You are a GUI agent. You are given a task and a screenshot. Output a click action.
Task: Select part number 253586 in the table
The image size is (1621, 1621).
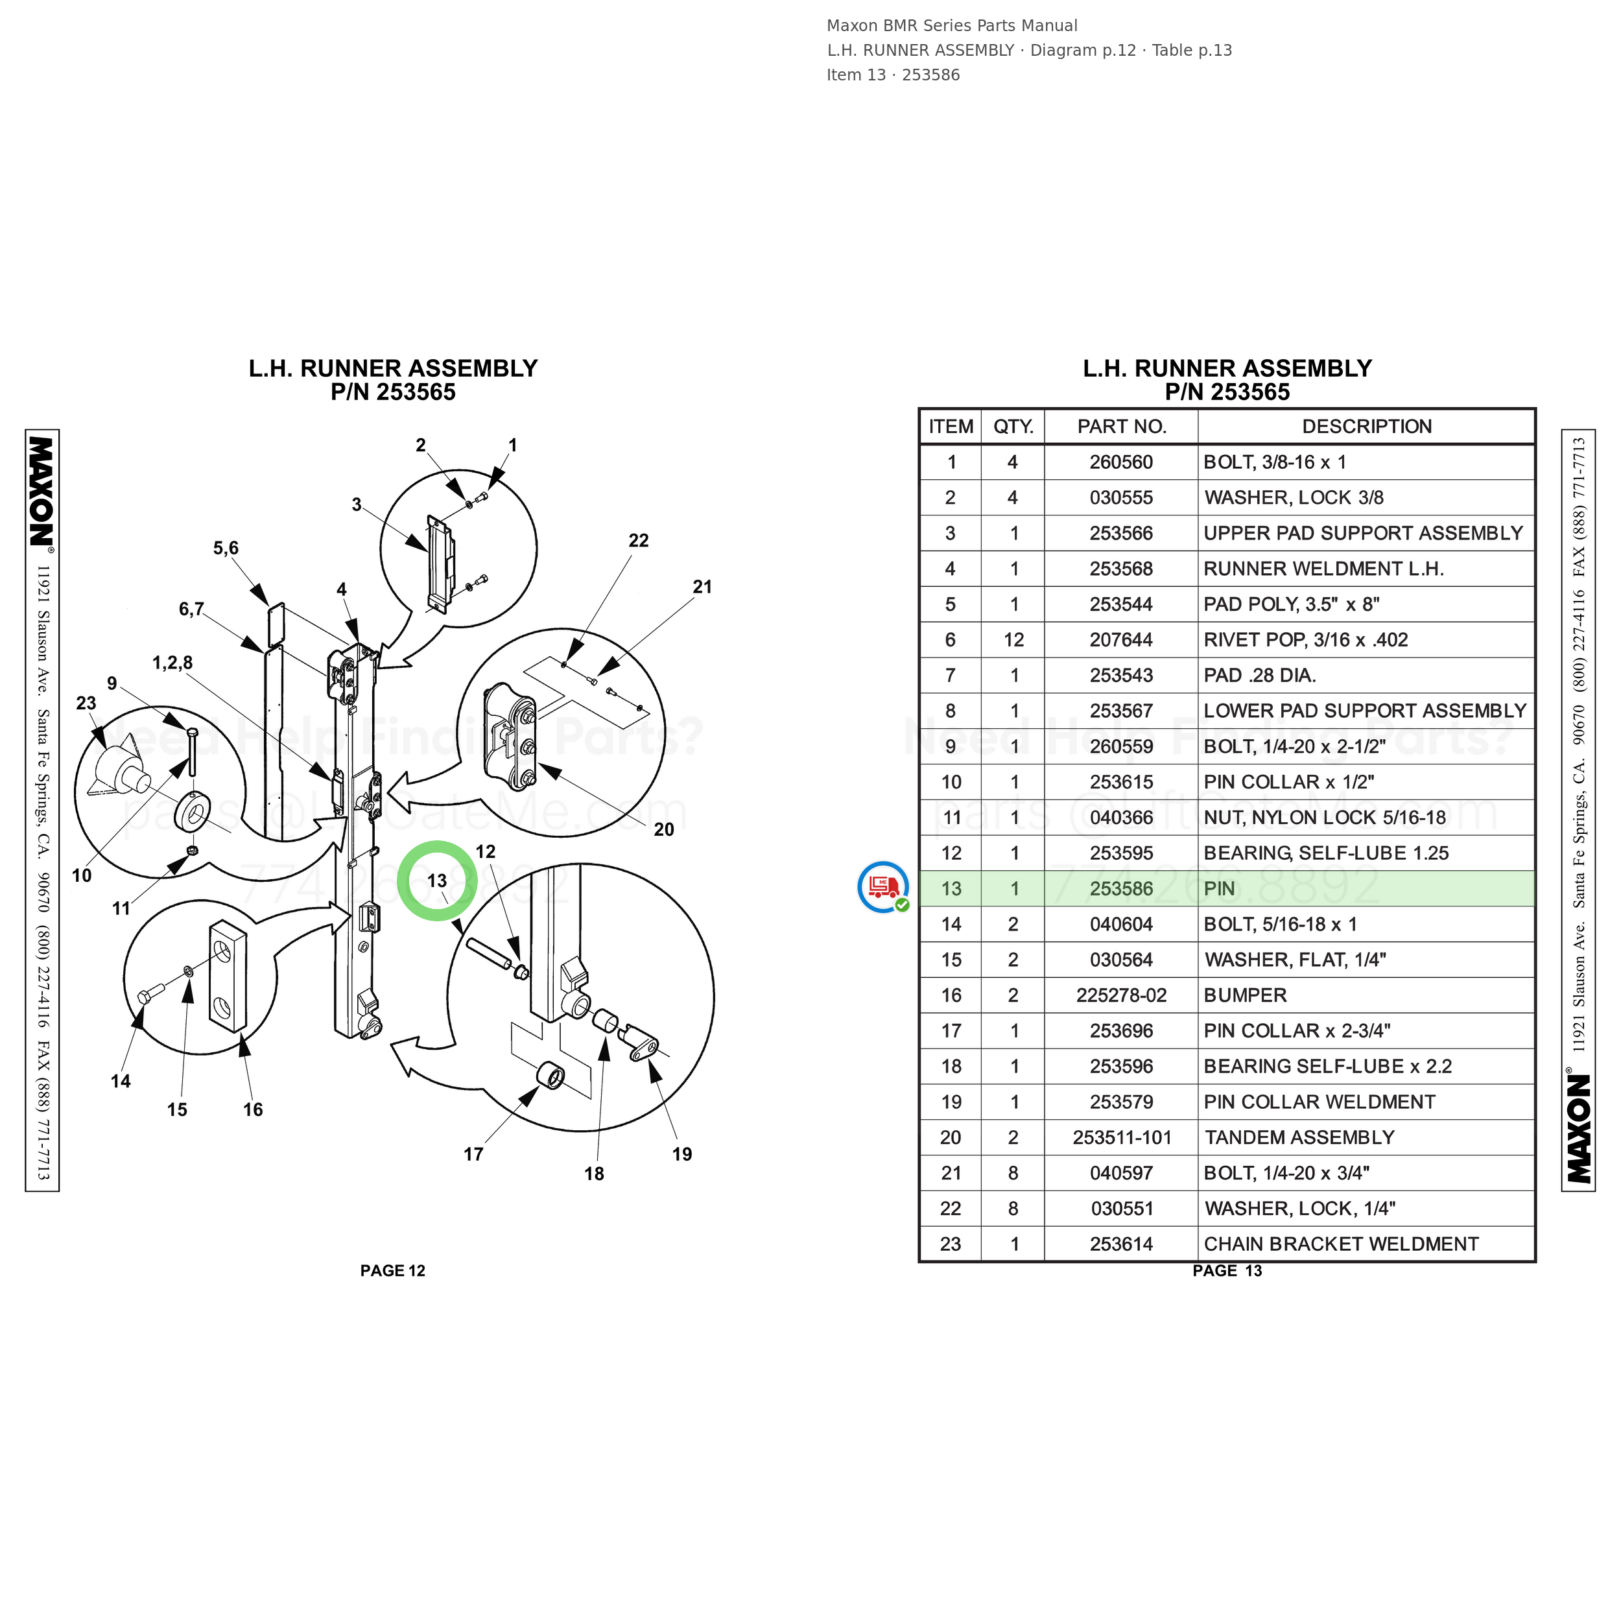pyautogui.click(x=1121, y=888)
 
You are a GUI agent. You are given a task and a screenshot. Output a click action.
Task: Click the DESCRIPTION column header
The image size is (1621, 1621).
pyautogui.click(x=1367, y=426)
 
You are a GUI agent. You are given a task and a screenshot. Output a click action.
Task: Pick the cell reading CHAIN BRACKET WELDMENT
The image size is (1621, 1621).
pyautogui.click(x=1341, y=1244)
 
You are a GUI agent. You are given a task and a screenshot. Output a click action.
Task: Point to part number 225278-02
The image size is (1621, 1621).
pyautogui.click(x=1121, y=995)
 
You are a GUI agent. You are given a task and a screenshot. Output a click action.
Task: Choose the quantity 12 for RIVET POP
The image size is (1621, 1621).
pyautogui.click(x=1013, y=639)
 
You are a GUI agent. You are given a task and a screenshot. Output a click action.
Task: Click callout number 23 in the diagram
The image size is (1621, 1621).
pyautogui.click(x=86, y=703)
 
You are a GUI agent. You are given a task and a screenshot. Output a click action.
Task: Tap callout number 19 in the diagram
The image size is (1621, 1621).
pyautogui.click(x=682, y=1155)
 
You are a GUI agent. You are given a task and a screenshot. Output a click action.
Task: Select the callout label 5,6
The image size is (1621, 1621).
pyautogui.click(x=226, y=548)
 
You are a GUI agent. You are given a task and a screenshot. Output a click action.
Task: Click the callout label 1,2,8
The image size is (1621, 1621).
pyautogui.click(x=172, y=663)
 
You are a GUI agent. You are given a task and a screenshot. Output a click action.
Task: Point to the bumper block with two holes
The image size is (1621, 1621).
pyautogui.click(x=228, y=975)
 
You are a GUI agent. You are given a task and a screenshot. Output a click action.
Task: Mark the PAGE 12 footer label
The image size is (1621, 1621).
pyautogui.click(x=393, y=1270)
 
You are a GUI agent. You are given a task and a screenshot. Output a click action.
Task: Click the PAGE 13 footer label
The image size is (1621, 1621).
pyautogui.click(x=1227, y=1270)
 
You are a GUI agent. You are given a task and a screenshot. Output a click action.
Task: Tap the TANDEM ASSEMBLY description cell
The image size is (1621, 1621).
pyautogui.click(x=1299, y=1138)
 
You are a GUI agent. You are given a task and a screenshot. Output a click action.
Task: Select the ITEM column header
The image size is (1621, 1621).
pyautogui.click(x=951, y=426)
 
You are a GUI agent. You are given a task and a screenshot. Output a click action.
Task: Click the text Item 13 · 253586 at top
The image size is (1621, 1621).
pyautogui.click(x=893, y=75)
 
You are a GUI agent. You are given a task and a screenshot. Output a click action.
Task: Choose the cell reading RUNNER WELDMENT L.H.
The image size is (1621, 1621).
pyautogui.click(x=1323, y=569)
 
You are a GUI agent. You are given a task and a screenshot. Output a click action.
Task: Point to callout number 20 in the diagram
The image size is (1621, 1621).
pyautogui.click(x=664, y=830)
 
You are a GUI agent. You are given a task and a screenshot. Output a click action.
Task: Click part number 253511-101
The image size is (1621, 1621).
pyautogui.click(x=1122, y=1138)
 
